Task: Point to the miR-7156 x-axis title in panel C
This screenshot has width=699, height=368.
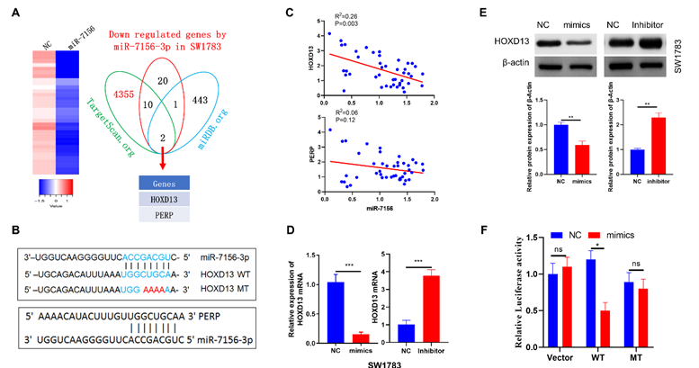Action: pos(379,209)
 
